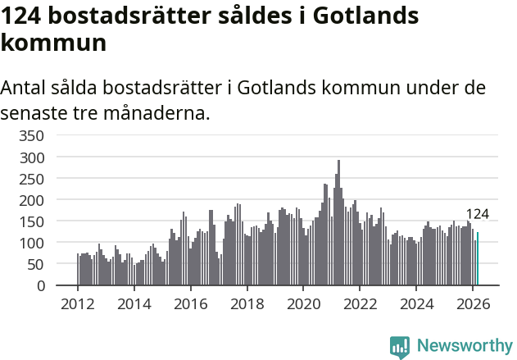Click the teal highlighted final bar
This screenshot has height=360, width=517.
(x=478, y=259)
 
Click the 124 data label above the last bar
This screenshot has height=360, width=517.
(x=477, y=214)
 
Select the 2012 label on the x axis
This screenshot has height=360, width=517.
(x=78, y=303)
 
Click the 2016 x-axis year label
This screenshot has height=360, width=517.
(x=190, y=303)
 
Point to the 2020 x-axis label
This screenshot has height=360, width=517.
(x=303, y=303)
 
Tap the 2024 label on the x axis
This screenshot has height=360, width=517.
(x=416, y=303)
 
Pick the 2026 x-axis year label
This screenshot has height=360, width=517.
(x=473, y=303)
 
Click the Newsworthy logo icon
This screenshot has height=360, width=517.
(x=400, y=347)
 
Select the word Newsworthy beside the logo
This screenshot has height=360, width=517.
(x=465, y=346)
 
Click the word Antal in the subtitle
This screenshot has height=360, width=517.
(x=25, y=88)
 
